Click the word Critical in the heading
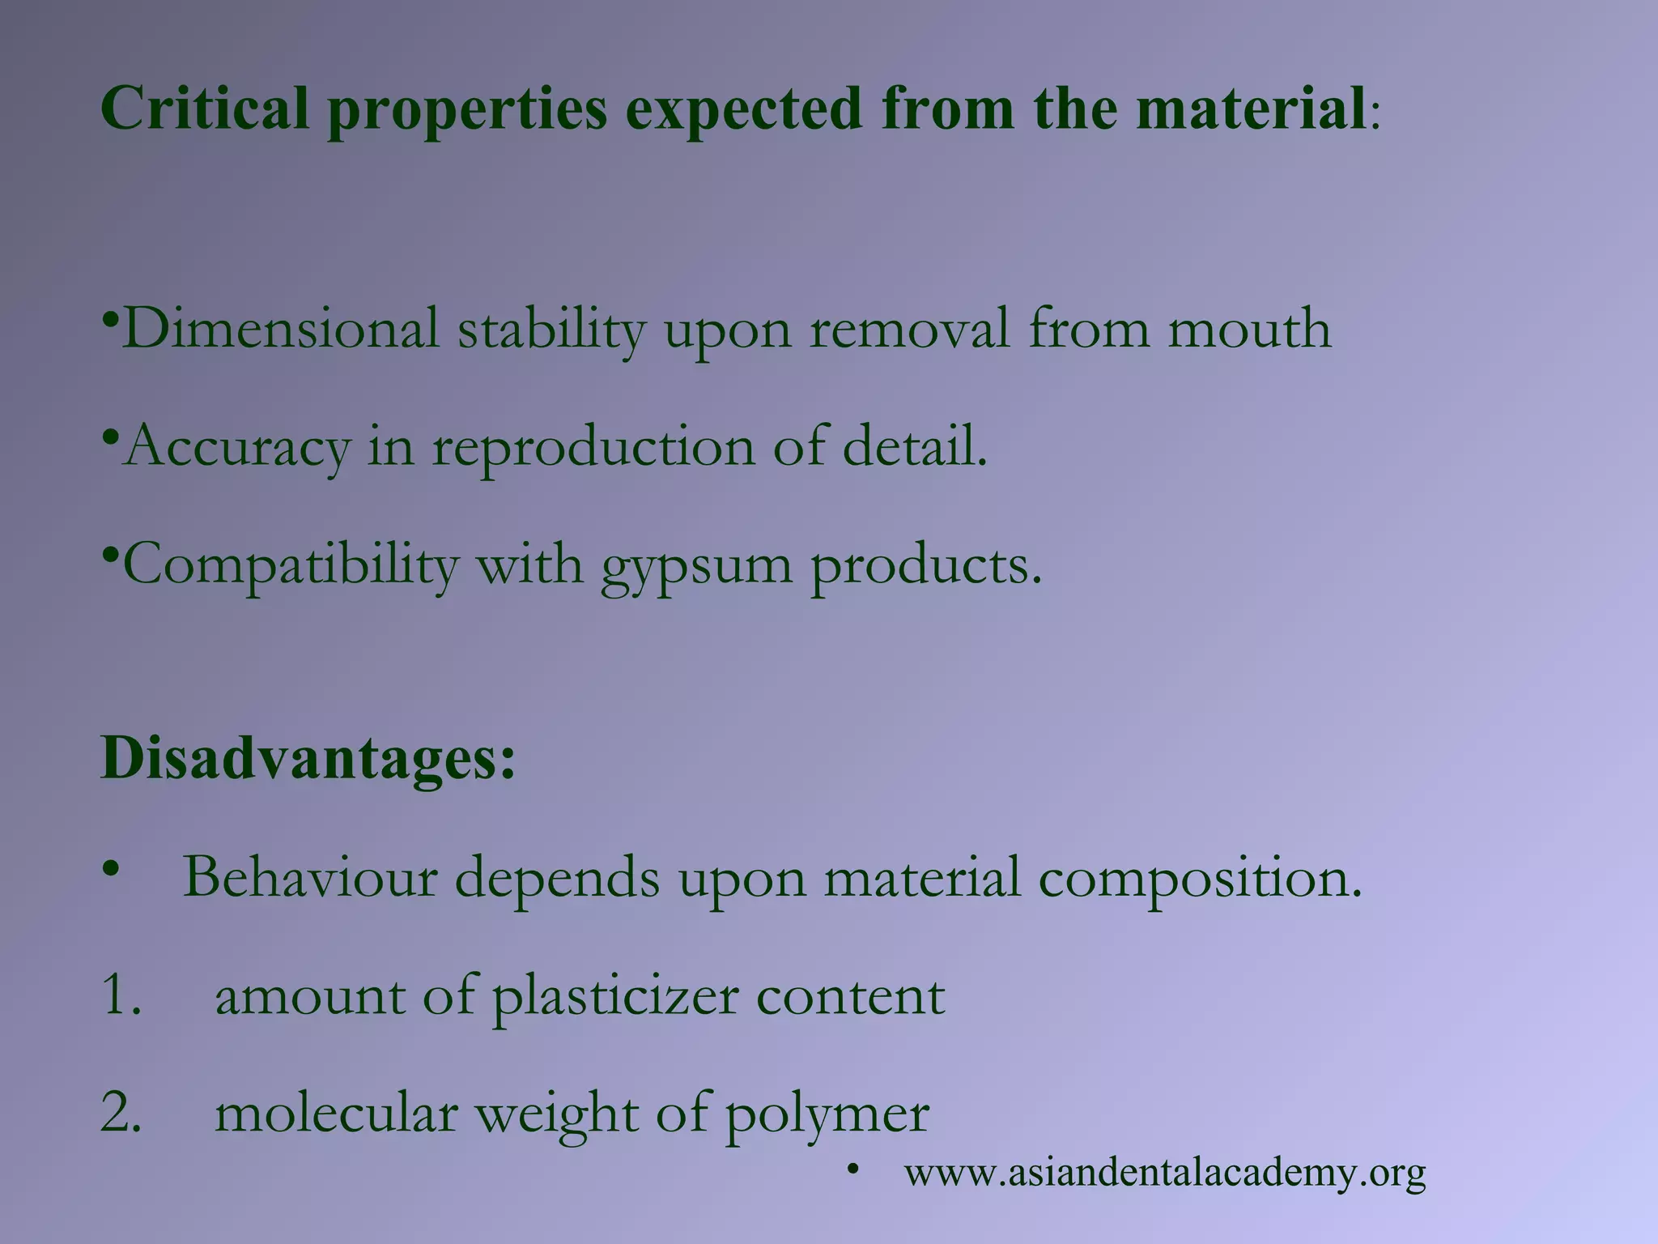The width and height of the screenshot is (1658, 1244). click(205, 109)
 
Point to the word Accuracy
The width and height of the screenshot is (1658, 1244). click(237, 447)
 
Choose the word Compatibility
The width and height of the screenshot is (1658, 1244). click(290, 564)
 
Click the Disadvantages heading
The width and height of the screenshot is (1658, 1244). click(308, 759)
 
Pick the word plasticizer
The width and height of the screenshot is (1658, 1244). click(614, 997)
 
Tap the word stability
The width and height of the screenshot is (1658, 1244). click(551, 329)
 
